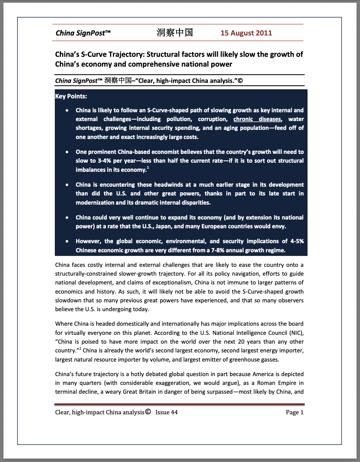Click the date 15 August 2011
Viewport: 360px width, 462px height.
coord(246,33)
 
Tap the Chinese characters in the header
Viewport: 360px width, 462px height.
coord(175,32)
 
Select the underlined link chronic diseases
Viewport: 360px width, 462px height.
coord(257,119)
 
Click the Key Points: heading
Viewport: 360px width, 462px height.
coord(71,96)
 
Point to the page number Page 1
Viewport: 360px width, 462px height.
coord(294,412)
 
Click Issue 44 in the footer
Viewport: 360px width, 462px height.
coord(166,412)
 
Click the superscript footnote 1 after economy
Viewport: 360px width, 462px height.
coord(148,168)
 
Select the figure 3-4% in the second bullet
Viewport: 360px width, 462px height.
coord(105,161)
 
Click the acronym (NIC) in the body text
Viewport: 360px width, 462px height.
coord(296,333)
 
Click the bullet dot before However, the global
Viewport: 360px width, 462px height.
coord(68,241)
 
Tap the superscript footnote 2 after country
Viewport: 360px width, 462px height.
coord(80,349)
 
